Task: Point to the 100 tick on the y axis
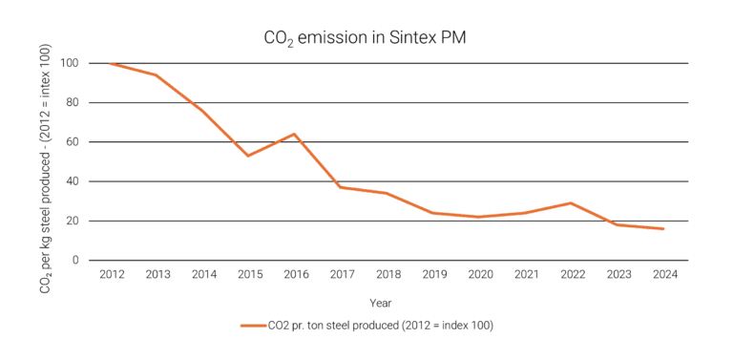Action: pyautogui.click(x=73, y=63)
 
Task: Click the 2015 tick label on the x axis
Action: pyautogui.click(x=247, y=273)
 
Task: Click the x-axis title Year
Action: pyautogui.click(x=380, y=302)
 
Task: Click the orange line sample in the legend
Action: pyautogui.click(x=254, y=326)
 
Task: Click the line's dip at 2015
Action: pyautogui.click(x=247, y=156)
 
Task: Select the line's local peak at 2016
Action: pyautogui.click(x=294, y=134)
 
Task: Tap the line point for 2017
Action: pyautogui.click(x=340, y=187)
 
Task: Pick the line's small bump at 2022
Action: pyautogui.click(x=571, y=202)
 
